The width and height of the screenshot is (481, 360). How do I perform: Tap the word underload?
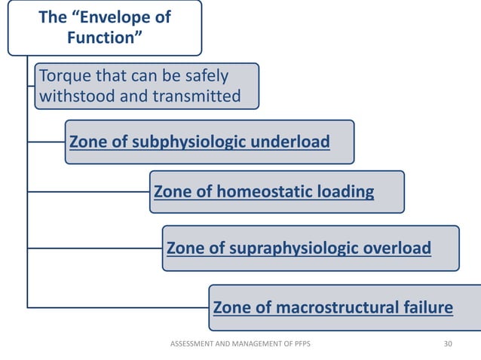click(294, 142)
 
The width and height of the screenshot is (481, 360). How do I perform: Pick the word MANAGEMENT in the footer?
click(256, 343)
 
